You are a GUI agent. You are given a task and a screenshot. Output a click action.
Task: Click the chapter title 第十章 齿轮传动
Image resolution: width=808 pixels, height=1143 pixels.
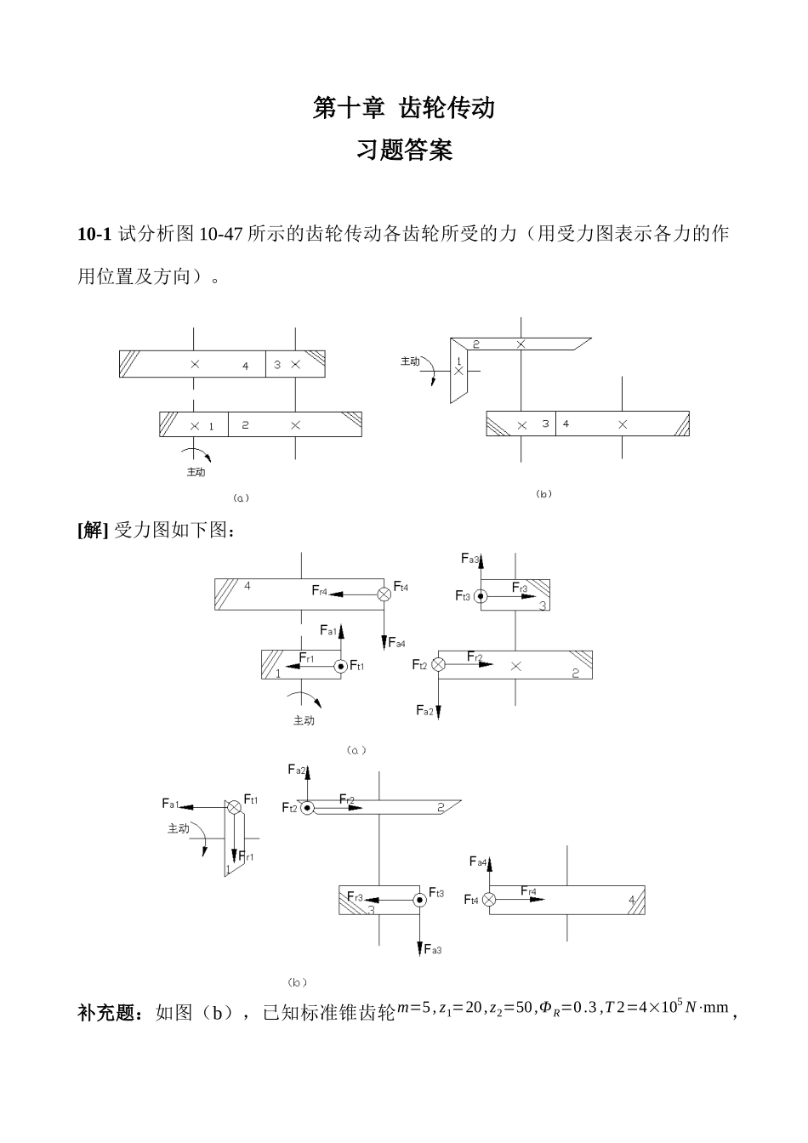tap(404, 108)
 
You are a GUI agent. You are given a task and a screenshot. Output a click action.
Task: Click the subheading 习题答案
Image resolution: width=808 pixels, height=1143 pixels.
tap(404, 151)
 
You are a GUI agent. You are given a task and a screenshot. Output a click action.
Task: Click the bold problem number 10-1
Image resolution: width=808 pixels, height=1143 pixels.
tap(94, 234)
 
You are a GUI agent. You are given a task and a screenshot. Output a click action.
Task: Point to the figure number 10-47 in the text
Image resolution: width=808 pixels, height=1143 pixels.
tap(221, 234)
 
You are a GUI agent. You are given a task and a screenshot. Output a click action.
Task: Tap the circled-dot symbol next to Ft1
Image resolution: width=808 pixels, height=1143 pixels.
tap(341, 666)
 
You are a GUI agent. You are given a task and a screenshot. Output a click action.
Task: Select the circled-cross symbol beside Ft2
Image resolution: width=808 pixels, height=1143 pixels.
tap(439, 664)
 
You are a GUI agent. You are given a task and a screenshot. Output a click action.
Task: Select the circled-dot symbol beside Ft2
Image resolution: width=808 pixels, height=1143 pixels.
tap(306, 807)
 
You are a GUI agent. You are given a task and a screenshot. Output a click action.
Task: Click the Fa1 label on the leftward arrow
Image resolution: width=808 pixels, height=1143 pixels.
tap(171, 804)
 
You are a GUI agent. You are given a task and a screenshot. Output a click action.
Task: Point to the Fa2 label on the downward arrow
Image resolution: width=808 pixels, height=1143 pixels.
tap(424, 710)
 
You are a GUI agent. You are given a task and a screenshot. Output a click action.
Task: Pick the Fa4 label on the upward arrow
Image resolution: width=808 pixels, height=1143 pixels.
tap(479, 862)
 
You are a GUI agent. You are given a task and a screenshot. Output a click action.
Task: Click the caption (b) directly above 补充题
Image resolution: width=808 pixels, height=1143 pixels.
tap(297, 982)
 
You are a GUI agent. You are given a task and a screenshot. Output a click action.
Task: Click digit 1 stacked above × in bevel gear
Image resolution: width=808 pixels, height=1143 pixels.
tap(458, 360)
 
